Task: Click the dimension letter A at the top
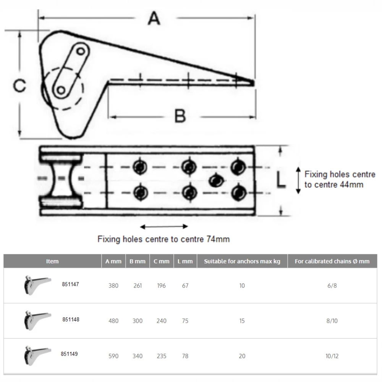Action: [154, 18]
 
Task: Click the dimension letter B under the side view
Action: [180, 116]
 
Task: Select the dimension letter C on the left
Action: [19, 86]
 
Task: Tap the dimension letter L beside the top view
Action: [281, 180]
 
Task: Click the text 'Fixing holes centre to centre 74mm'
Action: [163, 240]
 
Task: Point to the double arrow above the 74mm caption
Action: [164, 227]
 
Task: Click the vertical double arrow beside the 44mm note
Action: [298, 180]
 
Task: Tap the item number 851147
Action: [71, 285]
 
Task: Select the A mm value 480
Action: [113, 321]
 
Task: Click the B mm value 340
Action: [138, 356]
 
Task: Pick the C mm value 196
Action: [162, 286]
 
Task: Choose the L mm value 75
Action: [185, 321]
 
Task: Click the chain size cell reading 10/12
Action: [332, 356]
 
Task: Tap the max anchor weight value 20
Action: [242, 356]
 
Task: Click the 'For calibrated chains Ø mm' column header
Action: [332, 261]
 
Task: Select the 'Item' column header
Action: [52, 261]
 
